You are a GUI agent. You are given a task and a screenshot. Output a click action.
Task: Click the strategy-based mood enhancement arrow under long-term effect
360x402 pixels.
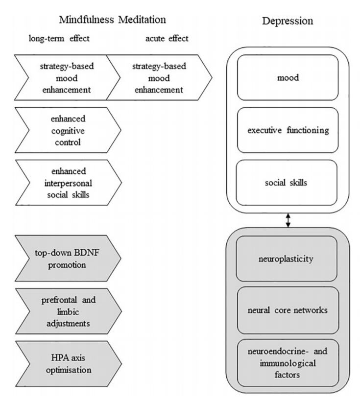66,77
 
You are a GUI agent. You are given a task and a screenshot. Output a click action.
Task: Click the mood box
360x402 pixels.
288,77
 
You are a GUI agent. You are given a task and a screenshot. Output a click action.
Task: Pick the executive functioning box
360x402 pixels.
288,130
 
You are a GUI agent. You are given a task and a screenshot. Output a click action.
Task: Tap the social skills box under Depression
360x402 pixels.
288,182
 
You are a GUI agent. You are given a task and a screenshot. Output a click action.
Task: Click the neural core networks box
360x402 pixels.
288,310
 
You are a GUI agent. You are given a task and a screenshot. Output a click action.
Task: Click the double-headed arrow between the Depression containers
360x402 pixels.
288,221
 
